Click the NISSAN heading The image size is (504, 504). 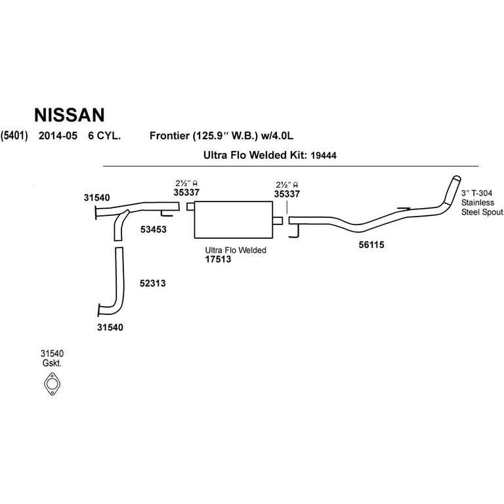[x=69, y=115]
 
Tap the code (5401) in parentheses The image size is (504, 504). [x=14, y=136]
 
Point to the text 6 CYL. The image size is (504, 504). [x=103, y=136]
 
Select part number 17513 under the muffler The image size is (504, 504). [x=219, y=260]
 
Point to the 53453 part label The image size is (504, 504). [x=153, y=230]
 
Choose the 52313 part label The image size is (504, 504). [x=152, y=283]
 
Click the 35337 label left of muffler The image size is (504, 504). [x=186, y=194]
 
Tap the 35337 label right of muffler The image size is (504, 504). [x=286, y=194]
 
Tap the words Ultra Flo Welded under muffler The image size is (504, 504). [x=236, y=250]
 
